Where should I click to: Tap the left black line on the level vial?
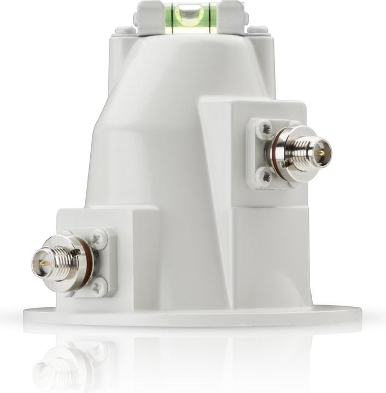tap(172, 16)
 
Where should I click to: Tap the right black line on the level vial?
tap(208, 16)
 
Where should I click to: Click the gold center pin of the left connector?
tap(39, 264)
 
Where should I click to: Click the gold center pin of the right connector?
tap(322, 153)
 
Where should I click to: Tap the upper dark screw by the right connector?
tap(266, 129)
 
